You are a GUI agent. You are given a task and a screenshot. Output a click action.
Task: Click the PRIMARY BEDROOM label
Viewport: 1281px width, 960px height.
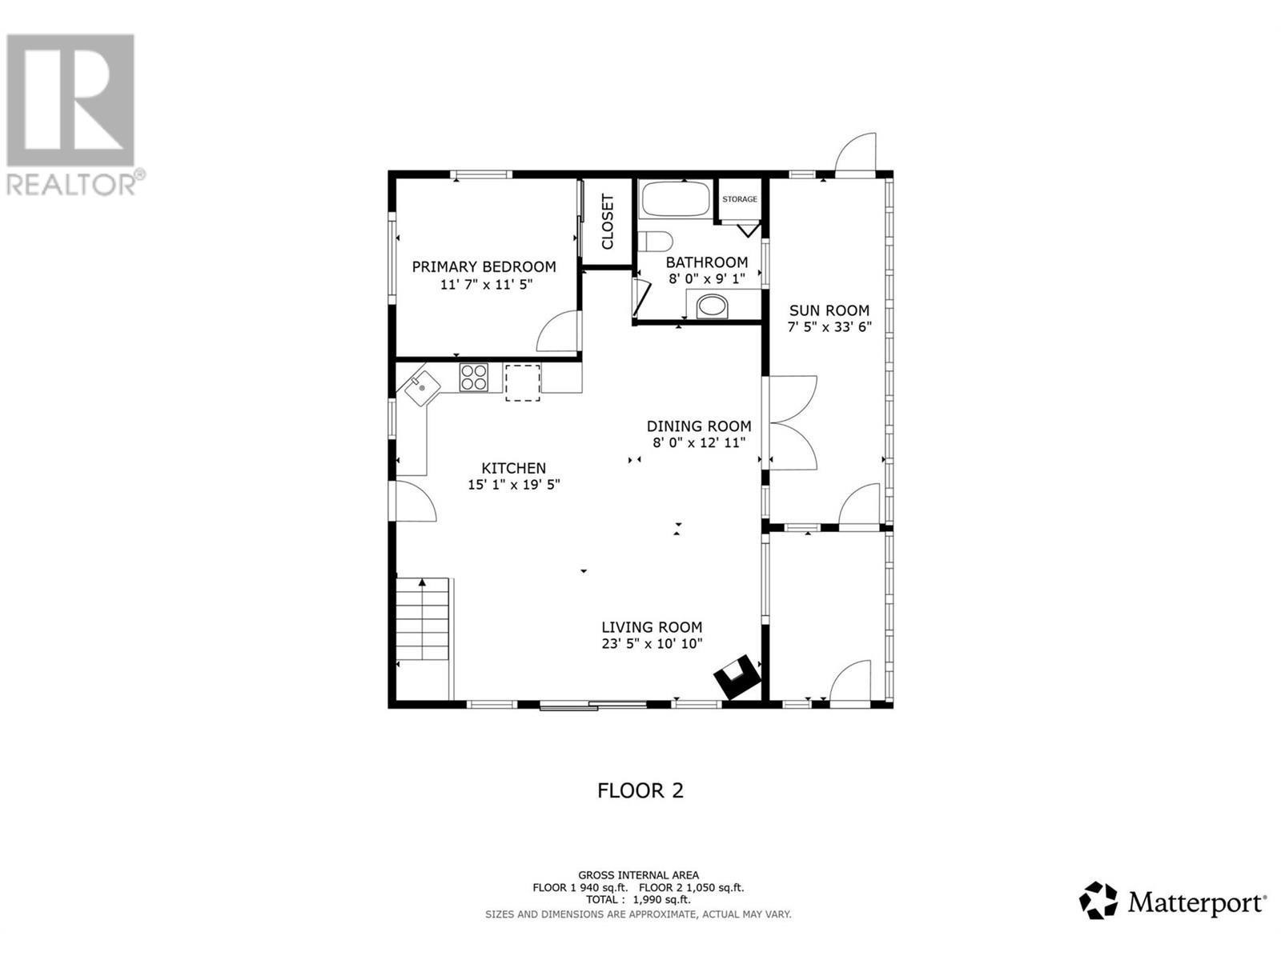(484, 266)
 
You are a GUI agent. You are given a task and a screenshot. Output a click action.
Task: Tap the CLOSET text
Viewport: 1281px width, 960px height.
(607, 222)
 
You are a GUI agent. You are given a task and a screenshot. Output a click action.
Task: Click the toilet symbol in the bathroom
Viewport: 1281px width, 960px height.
(656, 241)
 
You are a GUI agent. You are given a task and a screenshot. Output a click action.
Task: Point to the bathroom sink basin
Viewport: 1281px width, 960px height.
(712, 306)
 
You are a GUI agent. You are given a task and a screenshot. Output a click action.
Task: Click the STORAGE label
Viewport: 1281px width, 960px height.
(739, 199)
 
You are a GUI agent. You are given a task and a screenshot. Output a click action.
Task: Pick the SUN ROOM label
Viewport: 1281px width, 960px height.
(829, 310)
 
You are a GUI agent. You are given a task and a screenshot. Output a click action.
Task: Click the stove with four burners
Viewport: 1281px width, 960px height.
(474, 378)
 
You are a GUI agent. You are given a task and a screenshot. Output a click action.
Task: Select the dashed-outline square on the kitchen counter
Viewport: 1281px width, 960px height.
(522, 382)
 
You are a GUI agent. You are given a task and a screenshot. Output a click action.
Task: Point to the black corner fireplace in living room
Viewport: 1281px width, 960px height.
(737, 678)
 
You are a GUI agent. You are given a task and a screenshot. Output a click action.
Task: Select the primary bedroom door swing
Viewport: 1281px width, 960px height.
(559, 332)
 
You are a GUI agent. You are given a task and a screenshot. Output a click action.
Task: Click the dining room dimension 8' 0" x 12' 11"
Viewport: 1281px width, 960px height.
(699, 442)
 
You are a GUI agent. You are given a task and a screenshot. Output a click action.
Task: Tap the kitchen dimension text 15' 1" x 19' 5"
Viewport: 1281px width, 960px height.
(513, 484)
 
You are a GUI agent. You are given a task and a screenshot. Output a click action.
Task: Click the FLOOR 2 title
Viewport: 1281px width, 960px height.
(640, 790)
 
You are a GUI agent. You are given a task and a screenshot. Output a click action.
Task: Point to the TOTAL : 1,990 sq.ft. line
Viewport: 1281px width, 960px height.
(638, 900)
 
